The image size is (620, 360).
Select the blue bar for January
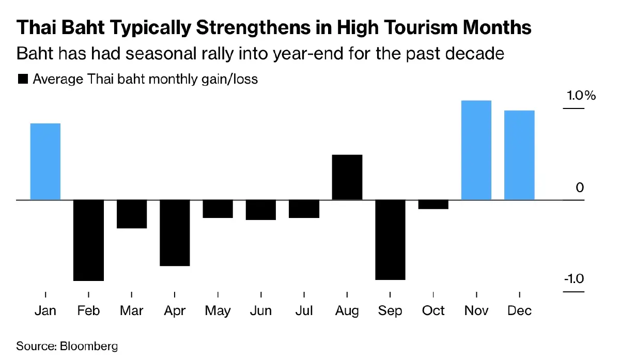(x=45, y=161)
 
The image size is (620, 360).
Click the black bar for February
(x=89, y=240)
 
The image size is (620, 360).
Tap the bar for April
(x=175, y=233)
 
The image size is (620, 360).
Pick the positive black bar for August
(x=347, y=177)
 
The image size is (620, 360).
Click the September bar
(x=390, y=240)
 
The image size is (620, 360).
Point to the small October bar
(x=433, y=205)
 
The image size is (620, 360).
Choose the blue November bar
(x=476, y=150)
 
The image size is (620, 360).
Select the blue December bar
(x=519, y=155)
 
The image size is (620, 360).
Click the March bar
(x=132, y=214)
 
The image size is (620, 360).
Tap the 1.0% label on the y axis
(x=581, y=96)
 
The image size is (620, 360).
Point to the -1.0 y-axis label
(x=573, y=279)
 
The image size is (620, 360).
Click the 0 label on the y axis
(x=580, y=187)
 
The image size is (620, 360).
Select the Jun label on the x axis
(x=260, y=311)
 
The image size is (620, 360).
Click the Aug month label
(x=347, y=311)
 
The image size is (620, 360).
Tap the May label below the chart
(x=218, y=311)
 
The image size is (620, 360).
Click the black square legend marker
(x=23, y=79)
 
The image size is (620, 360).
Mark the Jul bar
(x=304, y=209)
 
